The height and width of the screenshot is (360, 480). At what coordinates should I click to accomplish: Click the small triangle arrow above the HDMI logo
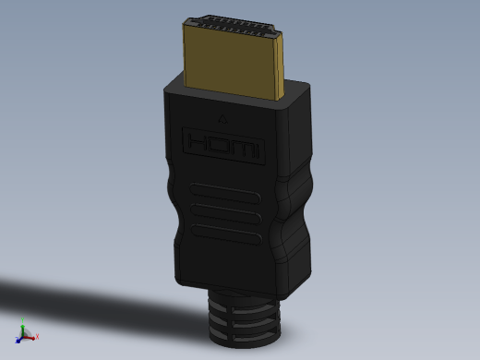pos(222,119)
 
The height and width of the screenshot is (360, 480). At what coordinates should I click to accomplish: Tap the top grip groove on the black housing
pos(225,193)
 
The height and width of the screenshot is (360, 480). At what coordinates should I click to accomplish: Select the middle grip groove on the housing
pos(226,213)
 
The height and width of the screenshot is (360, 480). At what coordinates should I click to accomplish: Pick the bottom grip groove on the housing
pos(226,234)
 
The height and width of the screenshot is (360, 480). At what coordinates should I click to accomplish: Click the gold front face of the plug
pos(231,64)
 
